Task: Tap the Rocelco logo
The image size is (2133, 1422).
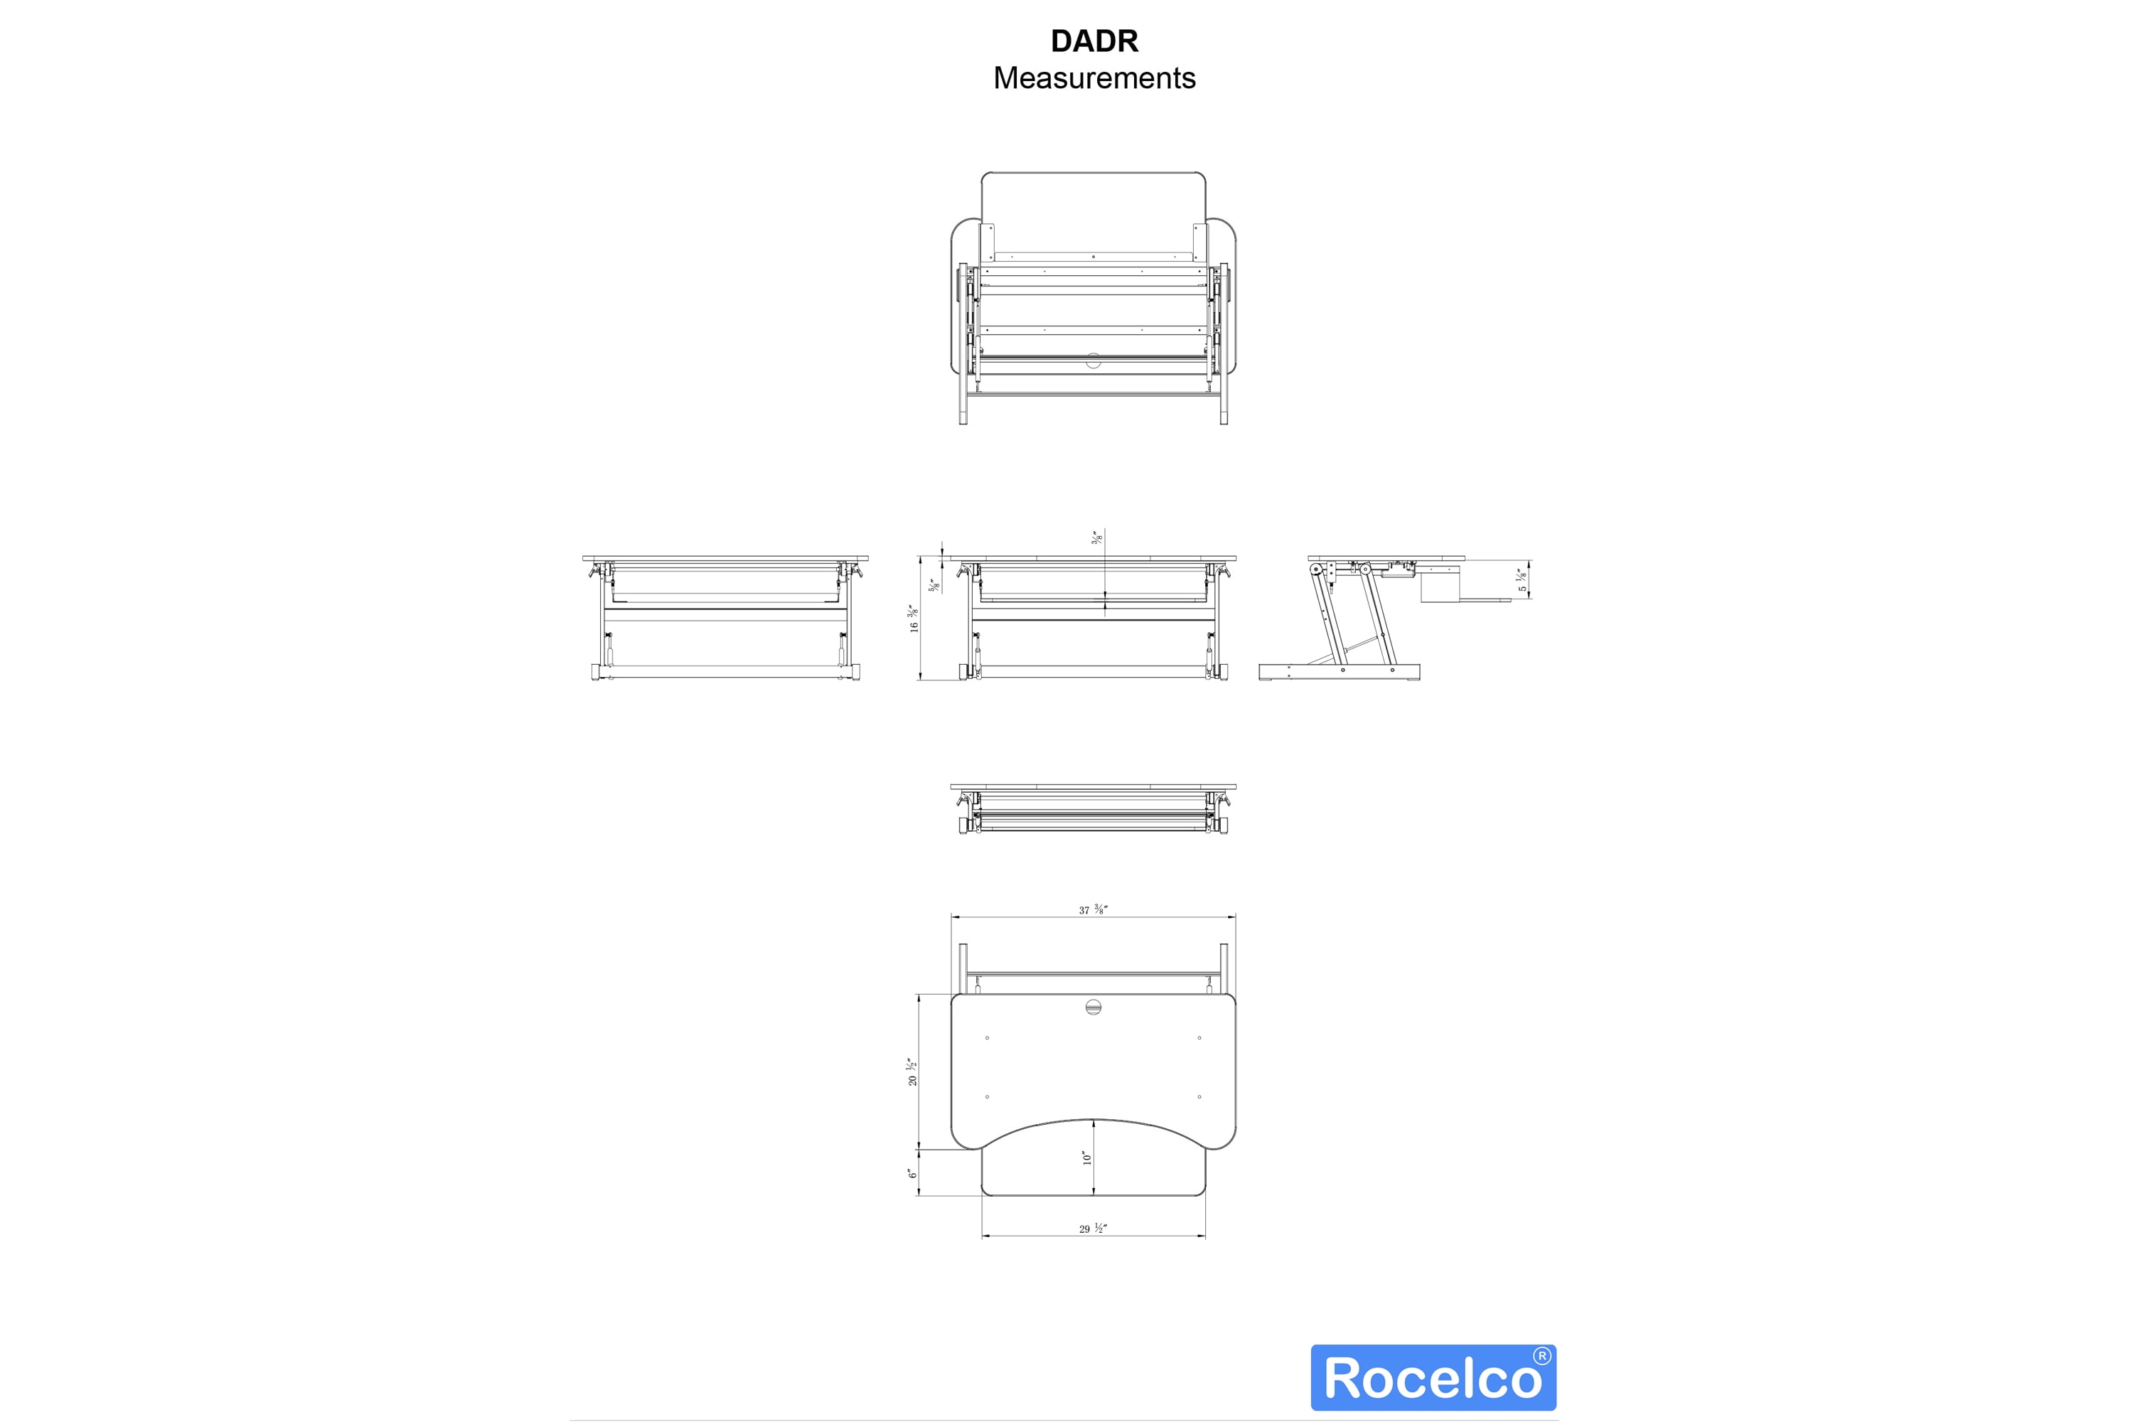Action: click(x=1433, y=1376)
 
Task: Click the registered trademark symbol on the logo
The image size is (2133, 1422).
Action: click(x=1541, y=1357)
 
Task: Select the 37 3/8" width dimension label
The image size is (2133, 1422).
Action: click(x=1094, y=909)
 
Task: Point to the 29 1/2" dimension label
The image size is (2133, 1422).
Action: click(x=1093, y=1228)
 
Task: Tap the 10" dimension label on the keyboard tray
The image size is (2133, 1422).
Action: click(x=1086, y=1158)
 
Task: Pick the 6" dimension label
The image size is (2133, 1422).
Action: click(x=912, y=1172)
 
